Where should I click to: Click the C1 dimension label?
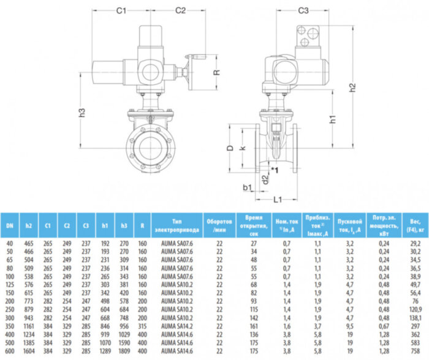coord(121,11)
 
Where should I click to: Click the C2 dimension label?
coord(180,11)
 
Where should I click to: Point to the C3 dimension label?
coord(303,11)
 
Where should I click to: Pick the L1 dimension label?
coord(278,200)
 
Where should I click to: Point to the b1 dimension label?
coord(248,186)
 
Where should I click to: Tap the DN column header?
coord(9,225)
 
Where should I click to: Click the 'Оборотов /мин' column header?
coord(219,225)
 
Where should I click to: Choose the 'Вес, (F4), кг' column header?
coord(411,225)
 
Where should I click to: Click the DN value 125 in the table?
coord(9,285)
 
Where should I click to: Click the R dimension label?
coord(216,72)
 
